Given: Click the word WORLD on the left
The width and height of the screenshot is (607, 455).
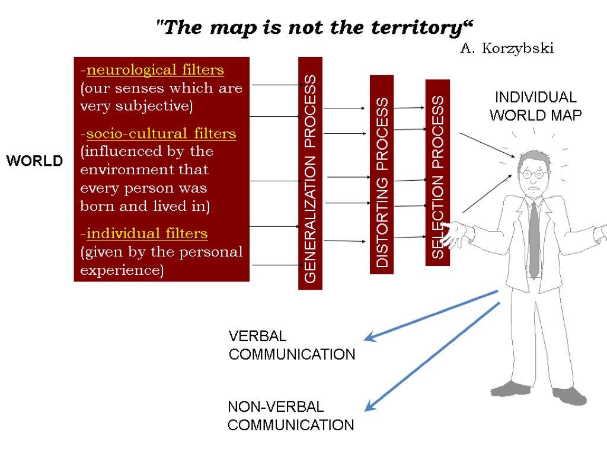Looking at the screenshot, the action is pos(34,161).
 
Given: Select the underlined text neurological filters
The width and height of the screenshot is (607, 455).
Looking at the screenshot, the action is pos(155,71).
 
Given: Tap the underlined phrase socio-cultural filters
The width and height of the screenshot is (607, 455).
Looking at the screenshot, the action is pos(161,134).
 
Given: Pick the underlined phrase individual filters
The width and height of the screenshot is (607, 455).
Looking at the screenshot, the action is pos(147,233).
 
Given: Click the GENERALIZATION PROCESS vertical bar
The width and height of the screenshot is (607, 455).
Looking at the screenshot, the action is pos(310,173).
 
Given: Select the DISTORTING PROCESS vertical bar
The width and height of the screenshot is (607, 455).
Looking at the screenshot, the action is pos(382,174).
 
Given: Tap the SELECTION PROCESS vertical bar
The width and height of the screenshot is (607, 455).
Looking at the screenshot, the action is pos(437,172).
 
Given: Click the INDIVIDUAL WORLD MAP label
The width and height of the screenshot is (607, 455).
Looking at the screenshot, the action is pos(535,106).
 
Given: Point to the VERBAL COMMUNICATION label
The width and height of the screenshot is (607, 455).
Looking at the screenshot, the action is pos(292,345).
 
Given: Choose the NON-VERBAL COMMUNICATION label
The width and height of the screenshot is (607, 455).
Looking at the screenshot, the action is pos(290,416).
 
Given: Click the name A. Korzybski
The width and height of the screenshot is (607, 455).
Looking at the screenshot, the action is pos(507,49).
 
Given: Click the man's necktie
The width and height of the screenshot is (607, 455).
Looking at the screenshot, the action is pos(533,237).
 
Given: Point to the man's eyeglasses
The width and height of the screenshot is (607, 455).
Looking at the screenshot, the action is pos(533,174).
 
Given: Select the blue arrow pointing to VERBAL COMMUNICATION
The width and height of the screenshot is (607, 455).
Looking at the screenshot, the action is pos(430,315).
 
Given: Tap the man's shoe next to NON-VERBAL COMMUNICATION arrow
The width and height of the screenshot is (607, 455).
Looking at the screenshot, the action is pos(510,389).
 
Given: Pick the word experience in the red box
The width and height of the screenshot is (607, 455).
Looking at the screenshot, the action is pos(121,270).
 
